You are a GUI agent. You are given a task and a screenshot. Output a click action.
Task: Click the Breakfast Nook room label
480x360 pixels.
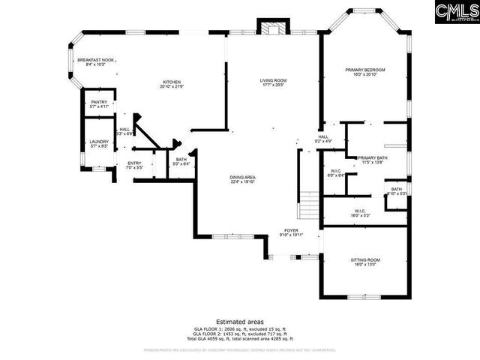[96, 62]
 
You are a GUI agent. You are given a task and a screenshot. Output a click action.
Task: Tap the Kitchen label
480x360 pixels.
[171, 84]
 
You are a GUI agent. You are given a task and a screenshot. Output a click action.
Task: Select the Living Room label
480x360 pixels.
[274, 82]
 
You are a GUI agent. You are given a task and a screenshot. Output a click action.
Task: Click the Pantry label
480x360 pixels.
[99, 104]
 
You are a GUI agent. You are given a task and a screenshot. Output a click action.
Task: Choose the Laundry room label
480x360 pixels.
[99, 144]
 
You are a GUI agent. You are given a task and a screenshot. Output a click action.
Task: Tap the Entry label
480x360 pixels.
[134, 165]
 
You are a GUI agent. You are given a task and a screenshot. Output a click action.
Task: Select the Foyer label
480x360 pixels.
[292, 232]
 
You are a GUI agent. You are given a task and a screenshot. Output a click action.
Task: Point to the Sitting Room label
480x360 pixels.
[365, 262]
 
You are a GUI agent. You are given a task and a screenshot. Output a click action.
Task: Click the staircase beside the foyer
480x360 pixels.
[310, 203]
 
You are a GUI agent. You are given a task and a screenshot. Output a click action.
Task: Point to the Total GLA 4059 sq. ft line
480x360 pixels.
[240, 340]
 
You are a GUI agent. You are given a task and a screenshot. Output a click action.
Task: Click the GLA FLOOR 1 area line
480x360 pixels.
[240, 329]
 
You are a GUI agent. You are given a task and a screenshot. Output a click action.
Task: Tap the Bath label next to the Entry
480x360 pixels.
[181, 160]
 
